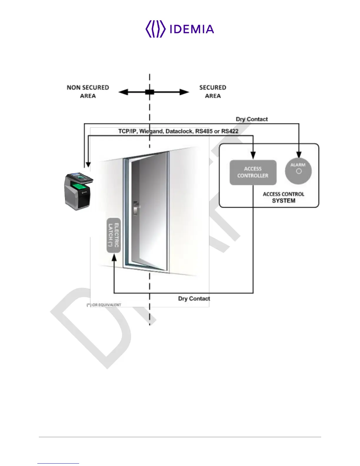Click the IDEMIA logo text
[192, 29]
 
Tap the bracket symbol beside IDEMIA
[155, 29]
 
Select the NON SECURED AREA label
[88, 91]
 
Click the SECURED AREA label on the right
[213, 91]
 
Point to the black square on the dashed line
[150, 92]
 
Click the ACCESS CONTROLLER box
[253, 172]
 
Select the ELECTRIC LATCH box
[114, 235]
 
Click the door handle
[136, 207]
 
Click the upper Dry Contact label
[252, 119]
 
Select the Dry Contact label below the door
[194, 299]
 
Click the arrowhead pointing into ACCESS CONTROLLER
[253, 156]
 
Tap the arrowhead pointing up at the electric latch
[114, 257]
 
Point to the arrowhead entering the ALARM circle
[299, 154]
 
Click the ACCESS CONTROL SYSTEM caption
[284, 197]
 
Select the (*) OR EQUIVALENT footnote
[104, 305]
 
